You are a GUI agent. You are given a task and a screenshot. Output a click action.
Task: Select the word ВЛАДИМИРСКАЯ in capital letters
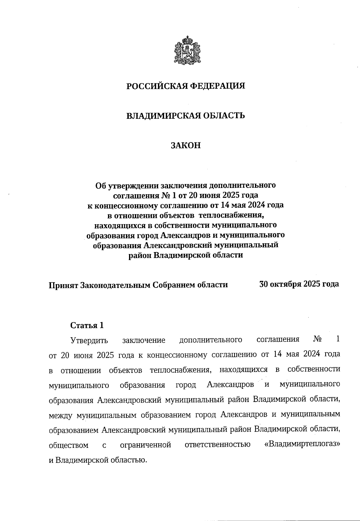click(159, 115)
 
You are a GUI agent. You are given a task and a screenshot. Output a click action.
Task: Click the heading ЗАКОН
click(185, 145)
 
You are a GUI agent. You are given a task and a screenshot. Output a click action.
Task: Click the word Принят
click(63, 285)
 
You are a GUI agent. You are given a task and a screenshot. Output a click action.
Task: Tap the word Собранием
click(172, 285)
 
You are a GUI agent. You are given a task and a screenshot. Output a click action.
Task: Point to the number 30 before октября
click(264, 284)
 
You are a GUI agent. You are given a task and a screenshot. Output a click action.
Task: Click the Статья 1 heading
click(87, 325)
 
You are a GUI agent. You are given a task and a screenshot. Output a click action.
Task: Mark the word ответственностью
click(217, 445)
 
